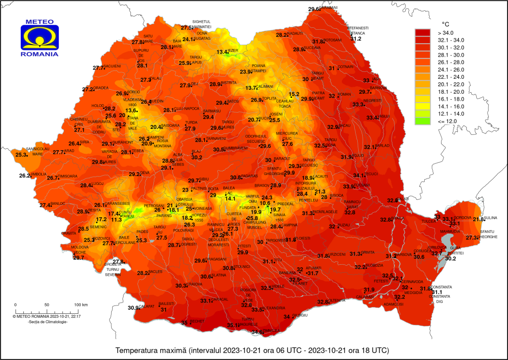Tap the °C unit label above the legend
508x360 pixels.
446,23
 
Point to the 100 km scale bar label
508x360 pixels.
81,304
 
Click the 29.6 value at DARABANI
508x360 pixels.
315,9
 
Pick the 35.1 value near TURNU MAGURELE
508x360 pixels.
233,325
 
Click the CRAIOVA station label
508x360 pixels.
195,284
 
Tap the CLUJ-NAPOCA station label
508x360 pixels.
189,109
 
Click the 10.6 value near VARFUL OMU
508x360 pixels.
265,203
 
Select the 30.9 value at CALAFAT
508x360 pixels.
133,307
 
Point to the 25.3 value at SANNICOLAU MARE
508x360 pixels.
21,155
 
